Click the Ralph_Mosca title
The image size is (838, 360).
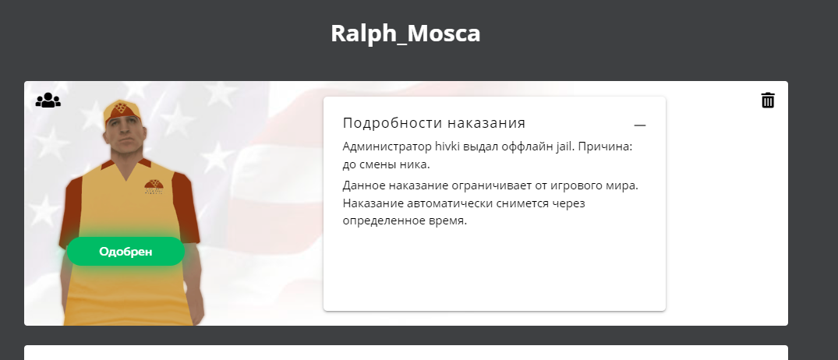[405, 34]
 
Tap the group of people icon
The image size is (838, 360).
[48, 101]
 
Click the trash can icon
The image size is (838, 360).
[768, 100]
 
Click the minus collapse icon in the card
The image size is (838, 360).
[640, 125]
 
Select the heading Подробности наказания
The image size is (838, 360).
[434, 123]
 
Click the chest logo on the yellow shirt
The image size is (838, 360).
[154, 187]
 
